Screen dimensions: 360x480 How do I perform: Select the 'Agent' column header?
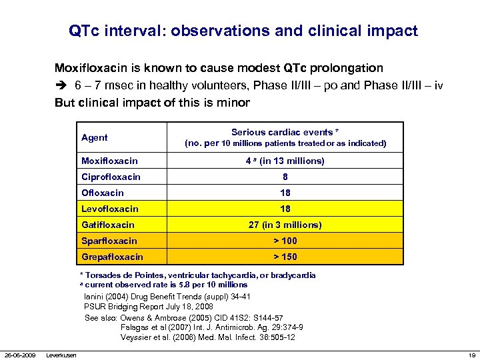point(94,137)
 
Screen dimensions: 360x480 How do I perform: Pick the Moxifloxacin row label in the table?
point(109,161)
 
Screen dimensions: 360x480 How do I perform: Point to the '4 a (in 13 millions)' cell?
point(285,161)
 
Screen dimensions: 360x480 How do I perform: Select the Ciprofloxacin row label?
point(111,177)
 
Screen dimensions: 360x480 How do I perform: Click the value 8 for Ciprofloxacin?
point(285,177)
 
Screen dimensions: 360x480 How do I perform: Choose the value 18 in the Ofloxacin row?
point(285,193)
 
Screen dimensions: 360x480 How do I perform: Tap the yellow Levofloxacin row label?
point(109,209)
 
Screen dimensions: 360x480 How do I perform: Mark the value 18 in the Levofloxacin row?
point(285,209)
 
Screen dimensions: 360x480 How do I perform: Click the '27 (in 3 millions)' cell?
point(285,225)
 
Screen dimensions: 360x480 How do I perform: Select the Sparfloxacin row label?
point(109,241)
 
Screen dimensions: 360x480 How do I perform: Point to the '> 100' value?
point(285,241)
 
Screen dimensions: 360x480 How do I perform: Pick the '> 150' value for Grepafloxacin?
point(285,257)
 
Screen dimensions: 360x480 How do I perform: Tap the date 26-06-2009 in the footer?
point(19,354)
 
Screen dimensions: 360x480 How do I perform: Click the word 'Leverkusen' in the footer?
point(61,354)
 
